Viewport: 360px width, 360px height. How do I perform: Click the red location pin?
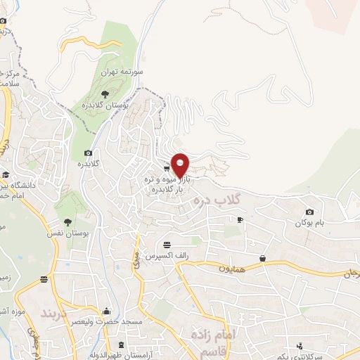[180, 165]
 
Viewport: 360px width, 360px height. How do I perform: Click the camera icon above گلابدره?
[88, 153]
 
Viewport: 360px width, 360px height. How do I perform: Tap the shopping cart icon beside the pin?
[166, 168]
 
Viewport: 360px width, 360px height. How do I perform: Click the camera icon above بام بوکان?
[309, 212]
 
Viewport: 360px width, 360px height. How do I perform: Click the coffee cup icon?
[240, 220]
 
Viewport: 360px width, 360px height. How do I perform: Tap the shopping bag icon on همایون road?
[262, 259]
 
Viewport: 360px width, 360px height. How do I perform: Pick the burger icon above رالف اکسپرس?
[167, 245]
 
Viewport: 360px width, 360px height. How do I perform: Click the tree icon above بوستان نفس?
[67, 221]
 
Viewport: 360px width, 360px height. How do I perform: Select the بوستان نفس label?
[69, 233]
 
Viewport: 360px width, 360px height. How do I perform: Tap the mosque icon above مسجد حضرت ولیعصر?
[107, 310]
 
